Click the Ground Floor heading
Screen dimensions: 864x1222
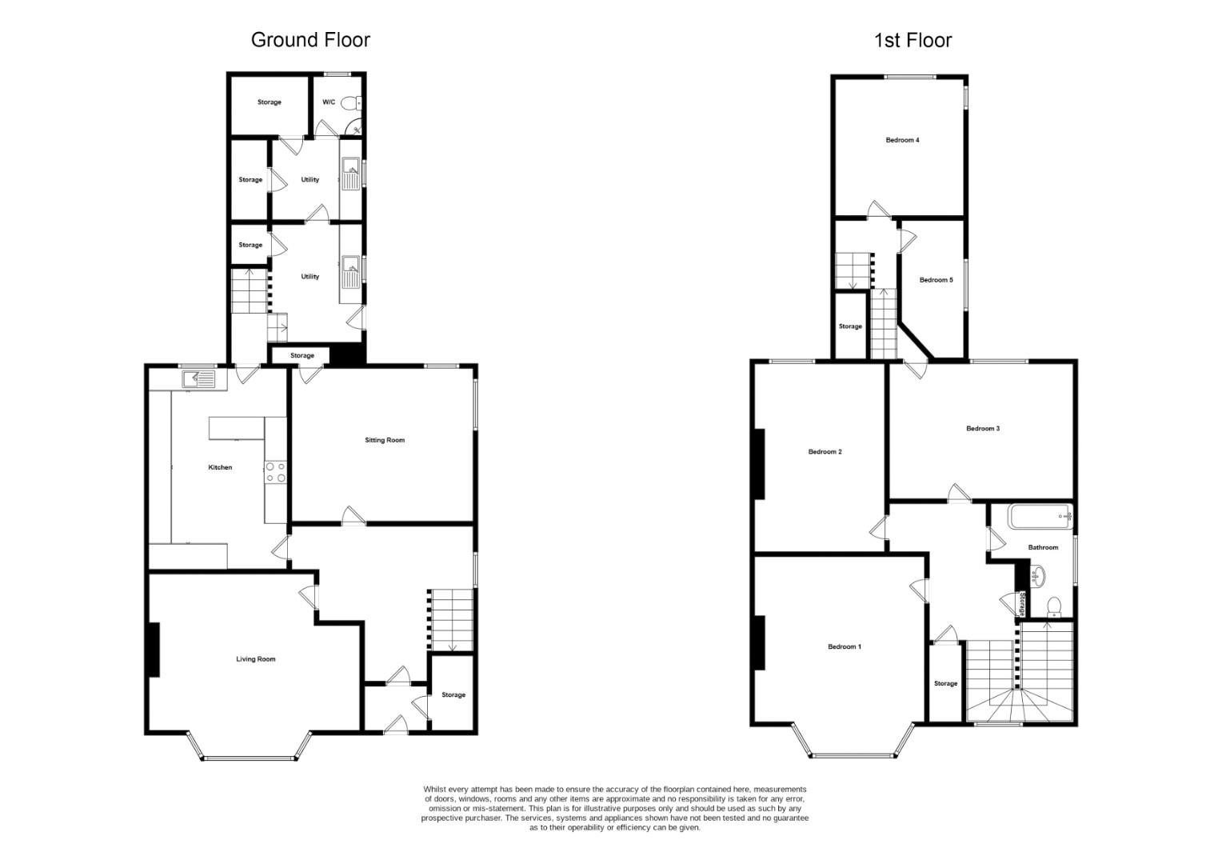tap(310, 40)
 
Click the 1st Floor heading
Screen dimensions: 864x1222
tap(913, 41)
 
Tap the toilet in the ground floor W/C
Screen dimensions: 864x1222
tap(349, 102)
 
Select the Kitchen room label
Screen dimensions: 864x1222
tap(220, 467)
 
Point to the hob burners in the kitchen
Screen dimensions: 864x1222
tap(275, 472)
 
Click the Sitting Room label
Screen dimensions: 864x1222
tap(385, 440)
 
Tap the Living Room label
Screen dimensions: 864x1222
tap(256, 659)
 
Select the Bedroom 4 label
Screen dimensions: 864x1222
tap(902, 140)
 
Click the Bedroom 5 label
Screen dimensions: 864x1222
tap(936, 280)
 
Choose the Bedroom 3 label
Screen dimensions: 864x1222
tap(983, 429)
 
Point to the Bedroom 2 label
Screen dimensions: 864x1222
tap(825, 452)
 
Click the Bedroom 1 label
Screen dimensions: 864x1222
tap(844, 646)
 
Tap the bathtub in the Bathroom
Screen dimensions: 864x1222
tap(1040, 517)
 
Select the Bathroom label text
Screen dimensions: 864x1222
tap(1043, 548)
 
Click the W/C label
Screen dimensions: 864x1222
tap(329, 102)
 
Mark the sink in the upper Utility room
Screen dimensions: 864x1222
tap(350, 169)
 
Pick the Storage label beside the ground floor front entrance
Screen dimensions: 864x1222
tap(453, 695)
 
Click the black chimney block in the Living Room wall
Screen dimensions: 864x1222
tap(153, 650)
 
